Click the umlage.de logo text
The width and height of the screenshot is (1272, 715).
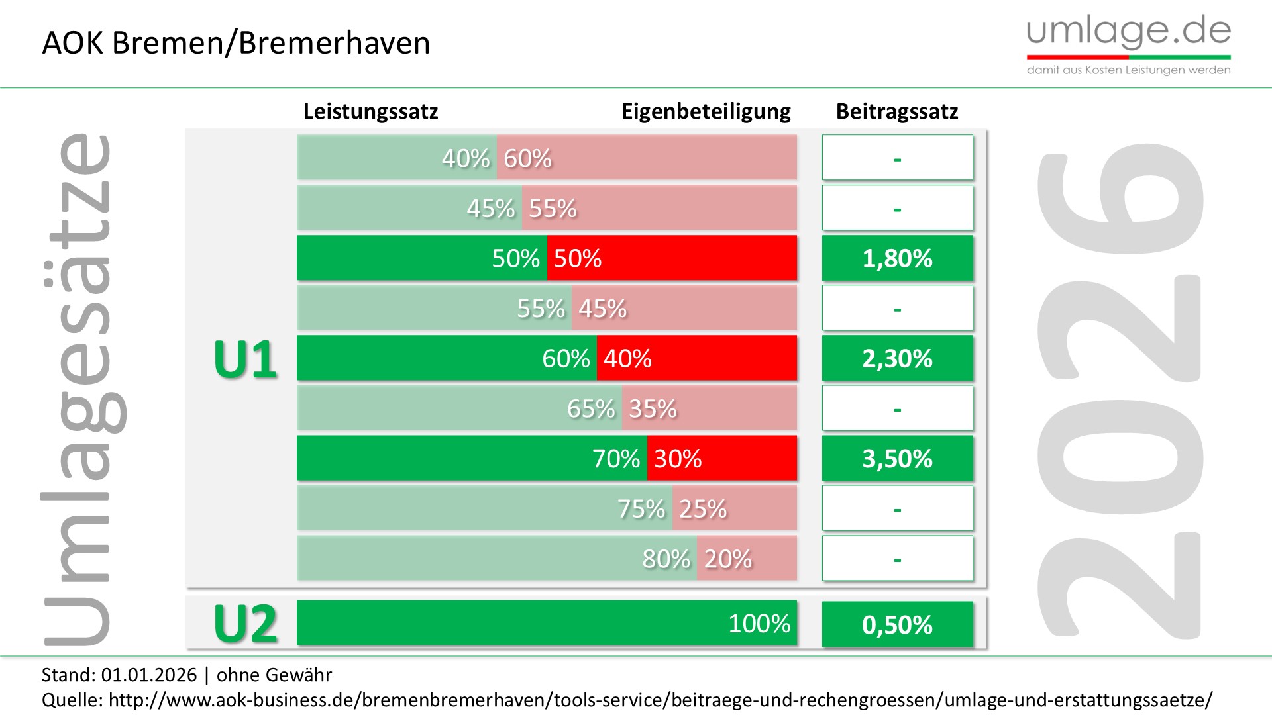pos(1128,32)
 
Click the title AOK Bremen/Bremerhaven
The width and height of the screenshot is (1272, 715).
pos(236,43)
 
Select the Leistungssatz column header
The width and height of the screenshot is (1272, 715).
pos(370,111)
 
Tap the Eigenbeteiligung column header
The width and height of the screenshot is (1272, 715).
pos(706,111)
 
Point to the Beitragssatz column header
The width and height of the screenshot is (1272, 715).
pos(897,111)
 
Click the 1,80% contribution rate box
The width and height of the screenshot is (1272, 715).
pos(897,258)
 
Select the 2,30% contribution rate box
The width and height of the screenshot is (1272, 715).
pos(897,358)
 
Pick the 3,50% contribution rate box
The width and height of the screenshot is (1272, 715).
pos(897,458)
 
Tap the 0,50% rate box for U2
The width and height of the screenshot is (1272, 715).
pos(897,624)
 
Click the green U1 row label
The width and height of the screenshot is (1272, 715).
pos(245,359)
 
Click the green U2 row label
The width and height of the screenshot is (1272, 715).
pos(245,624)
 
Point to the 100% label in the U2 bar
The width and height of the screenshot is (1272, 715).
pos(759,623)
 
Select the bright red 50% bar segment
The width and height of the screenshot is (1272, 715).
pos(672,258)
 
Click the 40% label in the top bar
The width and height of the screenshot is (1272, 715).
pos(466,158)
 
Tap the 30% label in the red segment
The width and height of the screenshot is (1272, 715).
pos(678,458)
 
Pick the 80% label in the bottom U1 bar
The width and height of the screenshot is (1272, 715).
pos(666,559)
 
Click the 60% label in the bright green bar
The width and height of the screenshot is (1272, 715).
pos(566,358)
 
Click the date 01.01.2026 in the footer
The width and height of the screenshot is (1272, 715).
pos(149,675)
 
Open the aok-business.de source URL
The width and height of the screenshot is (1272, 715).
pos(661,700)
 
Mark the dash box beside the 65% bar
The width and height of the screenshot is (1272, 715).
pos(897,408)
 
